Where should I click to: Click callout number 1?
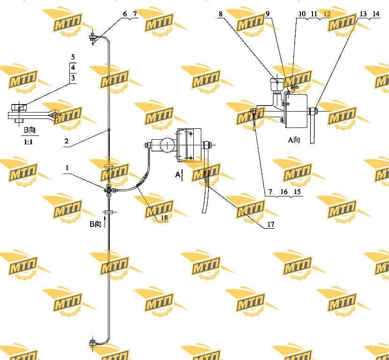(x=67, y=168)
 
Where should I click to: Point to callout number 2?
(x=66, y=141)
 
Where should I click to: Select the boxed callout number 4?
(x=73, y=67)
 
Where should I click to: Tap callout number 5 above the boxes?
(x=73, y=57)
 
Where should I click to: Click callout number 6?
(x=125, y=14)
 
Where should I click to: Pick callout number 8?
(x=221, y=14)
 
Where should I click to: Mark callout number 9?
(x=267, y=14)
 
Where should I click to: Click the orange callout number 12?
(x=327, y=14)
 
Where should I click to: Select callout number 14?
(x=376, y=14)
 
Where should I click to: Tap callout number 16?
(x=284, y=192)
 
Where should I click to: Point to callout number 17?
(x=271, y=224)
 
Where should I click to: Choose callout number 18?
(x=164, y=218)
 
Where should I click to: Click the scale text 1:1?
(x=28, y=142)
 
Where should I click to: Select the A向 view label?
(x=294, y=140)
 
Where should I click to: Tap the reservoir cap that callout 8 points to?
(x=276, y=82)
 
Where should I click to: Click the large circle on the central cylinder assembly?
(x=168, y=145)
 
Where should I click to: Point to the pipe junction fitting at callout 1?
(x=109, y=190)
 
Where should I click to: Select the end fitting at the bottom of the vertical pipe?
(x=93, y=344)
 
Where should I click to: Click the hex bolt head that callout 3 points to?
(x=18, y=108)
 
